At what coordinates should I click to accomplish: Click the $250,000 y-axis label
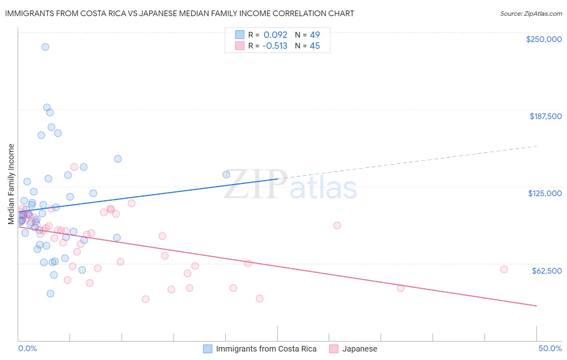coord(544,39)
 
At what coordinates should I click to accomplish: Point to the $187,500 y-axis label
coord(545,116)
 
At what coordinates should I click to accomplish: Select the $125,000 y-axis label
coord(545,193)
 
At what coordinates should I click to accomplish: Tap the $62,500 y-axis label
coord(546,271)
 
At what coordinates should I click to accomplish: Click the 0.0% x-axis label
coord(27,348)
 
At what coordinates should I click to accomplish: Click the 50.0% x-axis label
coord(550,348)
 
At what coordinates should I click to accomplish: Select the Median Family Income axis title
coord(11,184)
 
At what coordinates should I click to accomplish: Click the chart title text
coord(179,13)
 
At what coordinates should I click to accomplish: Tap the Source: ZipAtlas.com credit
coord(531,13)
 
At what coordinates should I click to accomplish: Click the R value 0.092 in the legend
coord(275,35)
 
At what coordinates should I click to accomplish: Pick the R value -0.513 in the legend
coord(275,46)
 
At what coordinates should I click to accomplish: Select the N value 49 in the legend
coord(315,35)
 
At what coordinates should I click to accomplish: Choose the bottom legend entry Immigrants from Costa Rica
coord(266,349)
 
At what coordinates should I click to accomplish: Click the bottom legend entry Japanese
coord(359,349)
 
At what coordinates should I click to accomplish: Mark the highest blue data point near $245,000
coord(45,47)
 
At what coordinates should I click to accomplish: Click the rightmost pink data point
coord(504,270)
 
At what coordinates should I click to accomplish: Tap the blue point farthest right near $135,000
coord(226,174)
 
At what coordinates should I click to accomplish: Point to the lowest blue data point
coord(50,293)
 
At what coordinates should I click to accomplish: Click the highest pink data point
coord(74,167)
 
